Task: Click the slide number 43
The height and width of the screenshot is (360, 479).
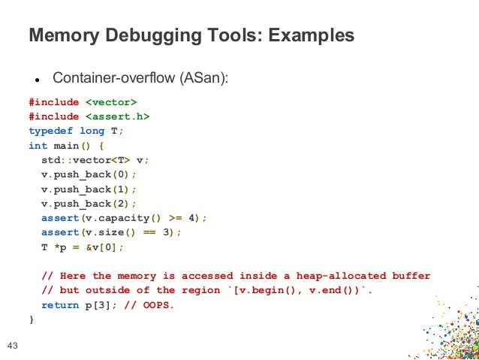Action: [12, 346]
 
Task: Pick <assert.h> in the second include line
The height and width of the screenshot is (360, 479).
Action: [117, 116]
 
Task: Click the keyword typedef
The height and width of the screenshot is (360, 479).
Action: [51, 130]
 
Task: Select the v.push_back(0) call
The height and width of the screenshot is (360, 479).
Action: [87, 175]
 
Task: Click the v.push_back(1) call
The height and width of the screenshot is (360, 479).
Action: [87, 189]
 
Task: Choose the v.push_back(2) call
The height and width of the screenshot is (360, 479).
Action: [87, 203]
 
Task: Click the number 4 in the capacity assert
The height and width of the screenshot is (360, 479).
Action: [192, 217]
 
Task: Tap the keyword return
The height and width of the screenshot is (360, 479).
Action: [60, 304]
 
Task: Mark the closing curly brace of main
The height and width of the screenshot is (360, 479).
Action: [32, 319]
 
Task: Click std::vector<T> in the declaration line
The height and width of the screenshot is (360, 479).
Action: [86, 159]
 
